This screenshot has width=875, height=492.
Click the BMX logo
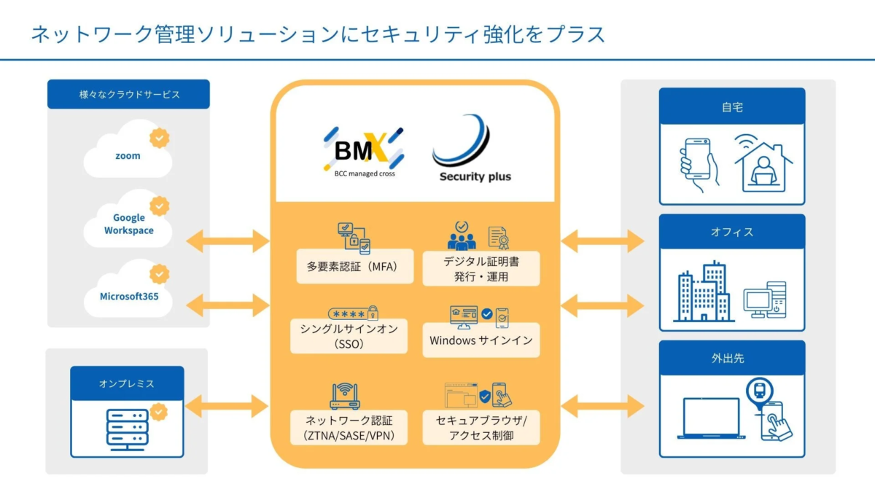click(x=363, y=152)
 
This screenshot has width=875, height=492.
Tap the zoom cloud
click(x=128, y=155)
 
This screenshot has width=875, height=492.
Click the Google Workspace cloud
click(x=128, y=224)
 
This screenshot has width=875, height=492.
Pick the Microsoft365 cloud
click(x=128, y=296)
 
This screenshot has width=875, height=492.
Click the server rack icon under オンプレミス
click(x=127, y=428)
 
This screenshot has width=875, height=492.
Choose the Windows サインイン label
click(x=481, y=340)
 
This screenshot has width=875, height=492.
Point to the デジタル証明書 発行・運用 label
click(x=481, y=268)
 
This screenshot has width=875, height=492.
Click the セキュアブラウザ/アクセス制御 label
click(x=481, y=427)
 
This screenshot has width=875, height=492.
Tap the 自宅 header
click(x=731, y=107)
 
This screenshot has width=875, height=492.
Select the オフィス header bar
click(x=731, y=233)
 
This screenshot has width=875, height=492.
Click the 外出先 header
click(x=731, y=359)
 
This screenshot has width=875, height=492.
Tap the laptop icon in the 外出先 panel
click(x=710, y=418)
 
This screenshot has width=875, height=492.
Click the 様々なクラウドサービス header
click(x=128, y=95)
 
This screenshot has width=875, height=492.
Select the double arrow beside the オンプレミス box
click(x=227, y=406)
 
